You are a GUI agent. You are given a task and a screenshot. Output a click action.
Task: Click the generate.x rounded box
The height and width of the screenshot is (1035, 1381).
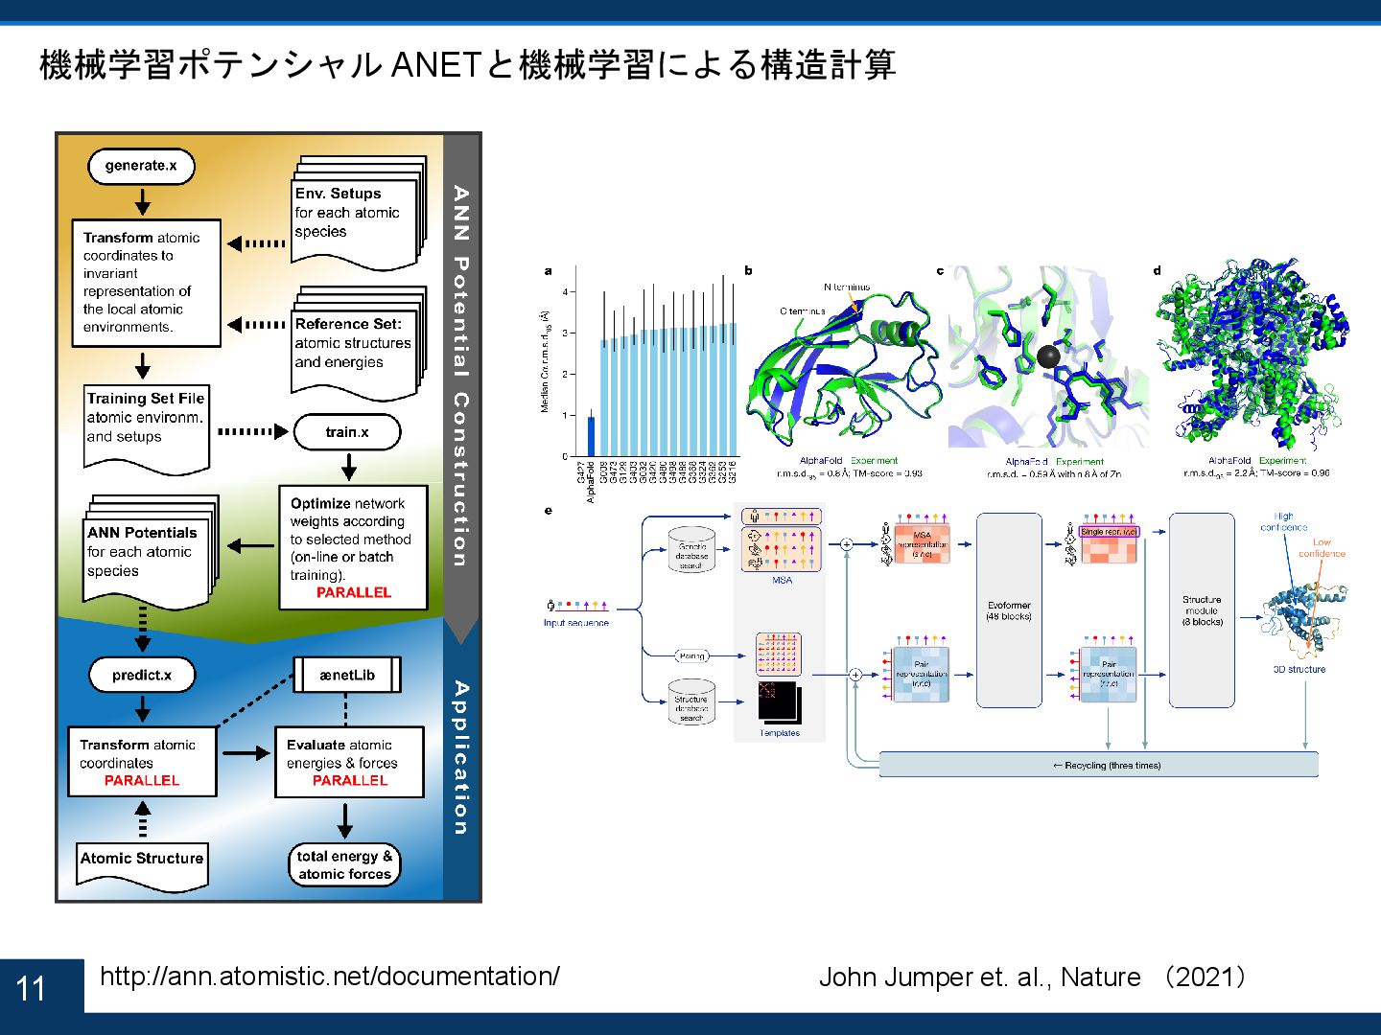pyautogui.click(x=141, y=166)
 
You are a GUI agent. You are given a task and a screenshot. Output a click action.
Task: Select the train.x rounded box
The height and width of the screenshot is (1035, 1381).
pyautogui.click(x=346, y=432)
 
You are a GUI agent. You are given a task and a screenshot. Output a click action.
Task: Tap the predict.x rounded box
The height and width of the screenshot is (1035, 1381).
pyautogui.click(x=141, y=675)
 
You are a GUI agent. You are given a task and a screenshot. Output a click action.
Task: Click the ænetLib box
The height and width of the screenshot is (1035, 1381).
pyautogui.click(x=346, y=675)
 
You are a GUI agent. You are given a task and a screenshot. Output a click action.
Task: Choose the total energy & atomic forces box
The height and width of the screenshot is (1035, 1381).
pyautogui.click(x=344, y=864)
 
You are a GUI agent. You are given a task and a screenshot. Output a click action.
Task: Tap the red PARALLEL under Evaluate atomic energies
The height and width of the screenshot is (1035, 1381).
pyautogui.click(x=350, y=781)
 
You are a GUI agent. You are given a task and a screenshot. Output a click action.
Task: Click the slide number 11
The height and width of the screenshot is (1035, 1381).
pyautogui.click(x=32, y=988)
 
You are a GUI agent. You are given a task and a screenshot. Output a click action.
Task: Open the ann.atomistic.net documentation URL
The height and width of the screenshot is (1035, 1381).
pyautogui.click(x=329, y=977)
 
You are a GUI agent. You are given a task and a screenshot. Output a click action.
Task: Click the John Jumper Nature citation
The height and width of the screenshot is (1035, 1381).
pyautogui.click(x=1032, y=977)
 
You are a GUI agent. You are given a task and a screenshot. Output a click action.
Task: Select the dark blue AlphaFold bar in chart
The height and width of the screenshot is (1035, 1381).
pyautogui.click(x=591, y=436)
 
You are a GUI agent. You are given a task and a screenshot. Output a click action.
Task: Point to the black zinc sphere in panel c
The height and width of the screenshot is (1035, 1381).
pyautogui.click(x=1049, y=357)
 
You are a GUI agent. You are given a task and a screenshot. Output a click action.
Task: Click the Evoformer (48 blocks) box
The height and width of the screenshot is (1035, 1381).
pyautogui.click(x=1009, y=610)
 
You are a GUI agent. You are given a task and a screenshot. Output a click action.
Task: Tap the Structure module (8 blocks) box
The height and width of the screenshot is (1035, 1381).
pyautogui.click(x=1202, y=610)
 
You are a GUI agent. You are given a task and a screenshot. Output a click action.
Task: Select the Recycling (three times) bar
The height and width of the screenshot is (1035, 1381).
pyautogui.click(x=1099, y=765)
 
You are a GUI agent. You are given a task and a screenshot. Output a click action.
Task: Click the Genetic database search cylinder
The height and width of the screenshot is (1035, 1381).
pyautogui.click(x=691, y=549)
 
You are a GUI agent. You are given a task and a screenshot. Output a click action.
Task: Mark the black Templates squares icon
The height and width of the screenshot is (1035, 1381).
pyautogui.click(x=778, y=701)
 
